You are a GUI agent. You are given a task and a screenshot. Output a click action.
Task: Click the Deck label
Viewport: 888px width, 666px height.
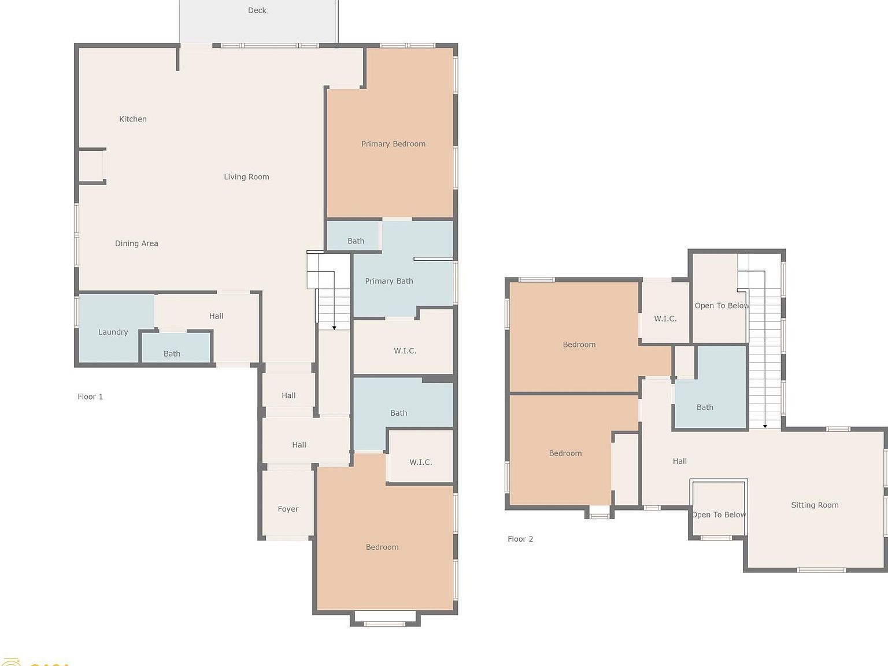pos(257,10)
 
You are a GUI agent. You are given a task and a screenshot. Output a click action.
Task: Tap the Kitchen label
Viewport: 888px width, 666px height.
pos(133,119)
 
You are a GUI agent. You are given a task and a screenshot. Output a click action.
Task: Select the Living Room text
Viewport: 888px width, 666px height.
pos(246,177)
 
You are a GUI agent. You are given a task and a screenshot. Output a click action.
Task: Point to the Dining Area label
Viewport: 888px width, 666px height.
pos(136,243)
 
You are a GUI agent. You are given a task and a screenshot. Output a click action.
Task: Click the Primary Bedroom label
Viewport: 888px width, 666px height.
pos(393,144)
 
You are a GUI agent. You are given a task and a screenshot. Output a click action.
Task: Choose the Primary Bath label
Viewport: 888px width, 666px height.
pos(388,281)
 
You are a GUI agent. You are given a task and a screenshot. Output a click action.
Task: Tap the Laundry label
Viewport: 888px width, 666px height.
pos(113,332)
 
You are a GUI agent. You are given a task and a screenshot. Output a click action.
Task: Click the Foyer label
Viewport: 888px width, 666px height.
pos(288,509)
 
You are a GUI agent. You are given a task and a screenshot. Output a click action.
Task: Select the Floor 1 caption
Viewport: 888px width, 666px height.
pos(90,397)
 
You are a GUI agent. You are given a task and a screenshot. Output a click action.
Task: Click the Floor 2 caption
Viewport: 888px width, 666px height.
pos(520,539)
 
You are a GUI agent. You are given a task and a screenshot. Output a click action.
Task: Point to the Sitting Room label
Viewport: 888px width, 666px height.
pos(815,505)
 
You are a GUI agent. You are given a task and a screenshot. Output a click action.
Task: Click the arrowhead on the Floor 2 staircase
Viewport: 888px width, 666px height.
pos(765,426)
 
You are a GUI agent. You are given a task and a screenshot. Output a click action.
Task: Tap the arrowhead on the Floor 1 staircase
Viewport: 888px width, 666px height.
pos(334,328)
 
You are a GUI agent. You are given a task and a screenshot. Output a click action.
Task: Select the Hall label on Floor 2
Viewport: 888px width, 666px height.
pos(680,461)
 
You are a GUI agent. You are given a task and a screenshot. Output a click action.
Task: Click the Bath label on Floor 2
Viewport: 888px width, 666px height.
pos(705,407)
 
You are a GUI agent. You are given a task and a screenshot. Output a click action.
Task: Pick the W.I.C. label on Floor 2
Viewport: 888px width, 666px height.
pos(665,319)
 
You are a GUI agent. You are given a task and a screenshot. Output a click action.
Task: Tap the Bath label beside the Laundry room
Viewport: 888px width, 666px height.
pos(172,353)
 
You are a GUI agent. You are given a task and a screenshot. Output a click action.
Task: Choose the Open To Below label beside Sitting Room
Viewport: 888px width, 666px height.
pos(719,515)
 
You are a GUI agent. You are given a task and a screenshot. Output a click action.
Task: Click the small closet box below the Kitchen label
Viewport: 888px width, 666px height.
pos(91,166)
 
